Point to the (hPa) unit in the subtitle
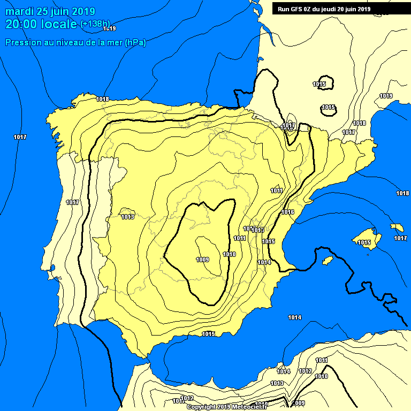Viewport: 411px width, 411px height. pyautogui.click(x=135, y=43)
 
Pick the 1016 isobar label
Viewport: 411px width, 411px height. pyautogui.click(x=288, y=212)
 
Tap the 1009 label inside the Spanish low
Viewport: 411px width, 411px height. pyautogui.click(x=202, y=260)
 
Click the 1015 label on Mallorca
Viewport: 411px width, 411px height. pyautogui.click(x=364, y=243)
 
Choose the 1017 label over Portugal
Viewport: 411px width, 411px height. pyautogui.click(x=73, y=202)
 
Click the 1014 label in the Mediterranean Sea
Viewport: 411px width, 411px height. pyautogui.click(x=294, y=318)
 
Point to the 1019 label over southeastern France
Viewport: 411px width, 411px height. pyautogui.click(x=386, y=96)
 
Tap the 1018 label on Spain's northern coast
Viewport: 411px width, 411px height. pyautogui.click(x=103, y=99)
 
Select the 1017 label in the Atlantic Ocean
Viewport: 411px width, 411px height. pyautogui.click(x=20, y=138)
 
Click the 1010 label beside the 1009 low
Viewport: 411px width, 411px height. pyautogui.click(x=230, y=254)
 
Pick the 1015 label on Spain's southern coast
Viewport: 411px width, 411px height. pyautogui.click(x=208, y=334)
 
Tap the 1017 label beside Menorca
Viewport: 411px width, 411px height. pyautogui.click(x=399, y=239)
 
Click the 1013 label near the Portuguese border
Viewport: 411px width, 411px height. pyautogui.click(x=127, y=217)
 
